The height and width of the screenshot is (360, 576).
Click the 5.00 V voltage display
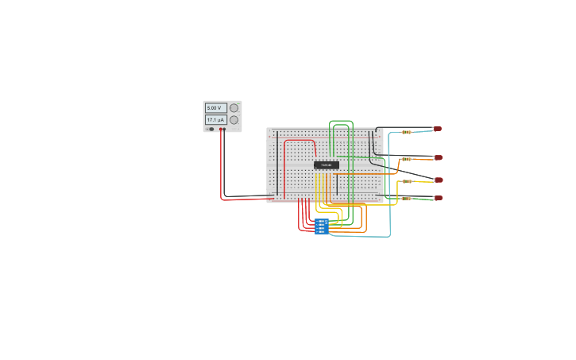pyautogui.click(x=215, y=108)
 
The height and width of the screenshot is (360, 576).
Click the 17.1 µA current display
pyautogui.click(x=215, y=120)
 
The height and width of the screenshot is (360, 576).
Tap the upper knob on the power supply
pyautogui.click(x=234, y=108)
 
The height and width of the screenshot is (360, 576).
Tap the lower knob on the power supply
pyautogui.click(x=234, y=120)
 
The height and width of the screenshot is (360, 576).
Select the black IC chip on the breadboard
pyautogui.click(x=326, y=165)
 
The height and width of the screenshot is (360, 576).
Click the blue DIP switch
pyautogui.click(x=321, y=226)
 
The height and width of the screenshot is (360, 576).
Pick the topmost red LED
pyautogui.click(x=437, y=129)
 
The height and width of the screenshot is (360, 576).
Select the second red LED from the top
pyautogui.click(x=438, y=157)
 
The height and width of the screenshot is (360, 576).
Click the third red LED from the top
pyautogui.click(x=439, y=180)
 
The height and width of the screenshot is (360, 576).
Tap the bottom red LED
pyautogui.click(x=438, y=198)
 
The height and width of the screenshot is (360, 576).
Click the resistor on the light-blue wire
pyautogui.click(x=406, y=132)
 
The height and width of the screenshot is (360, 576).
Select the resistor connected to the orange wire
pyautogui.click(x=406, y=159)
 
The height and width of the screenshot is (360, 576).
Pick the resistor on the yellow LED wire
pyautogui.click(x=407, y=181)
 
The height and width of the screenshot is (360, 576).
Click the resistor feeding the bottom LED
pyautogui.click(x=407, y=199)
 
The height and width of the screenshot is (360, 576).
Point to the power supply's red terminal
pyautogui.click(x=221, y=129)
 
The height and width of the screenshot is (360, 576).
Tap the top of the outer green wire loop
pyautogui.click(x=341, y=121)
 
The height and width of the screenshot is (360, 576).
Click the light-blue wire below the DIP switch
pyautogui.click(x=361, y=236)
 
